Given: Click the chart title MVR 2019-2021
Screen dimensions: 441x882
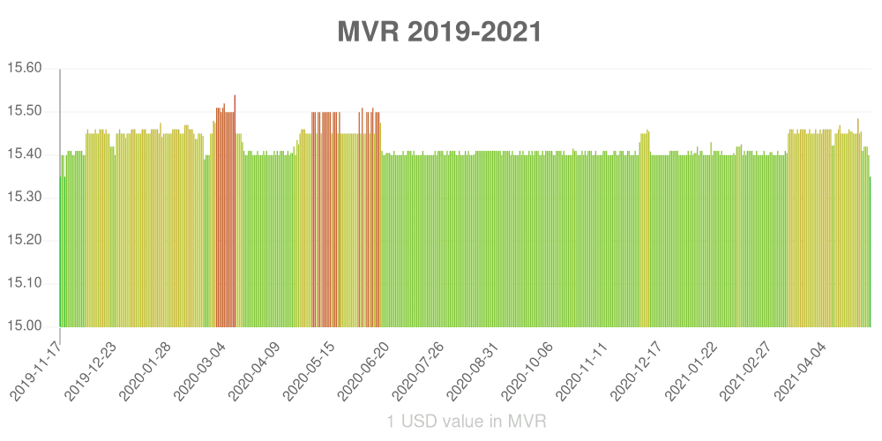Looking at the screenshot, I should [x=440, y=33].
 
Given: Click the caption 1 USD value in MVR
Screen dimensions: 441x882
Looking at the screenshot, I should [x=467, y=422].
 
